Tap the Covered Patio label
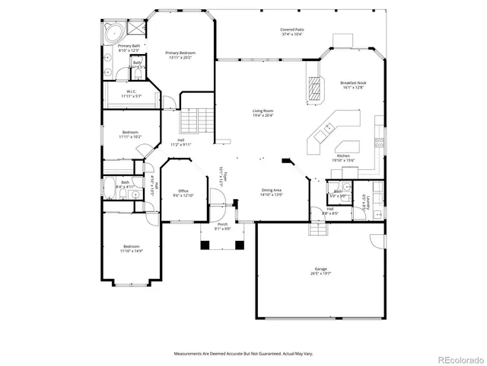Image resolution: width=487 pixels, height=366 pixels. tap(292, 30)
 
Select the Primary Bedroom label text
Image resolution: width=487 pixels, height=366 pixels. tap(180, 53)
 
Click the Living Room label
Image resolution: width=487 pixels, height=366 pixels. tap(263, 111)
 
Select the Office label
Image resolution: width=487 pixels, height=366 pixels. tap(183, 191)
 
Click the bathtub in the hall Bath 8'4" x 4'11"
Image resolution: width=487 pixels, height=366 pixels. tap(120, 183)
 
